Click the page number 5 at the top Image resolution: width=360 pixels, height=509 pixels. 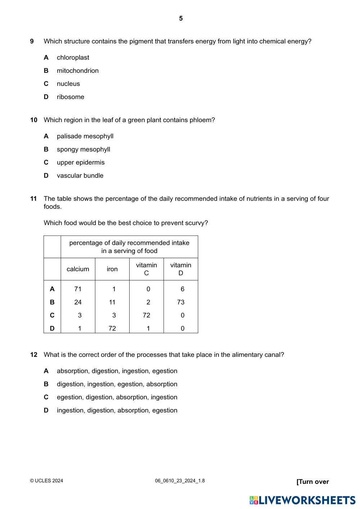pos(181,18)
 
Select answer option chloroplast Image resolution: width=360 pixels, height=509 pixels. pos(73,58)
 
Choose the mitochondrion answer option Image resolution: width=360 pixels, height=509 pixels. pos(77,71)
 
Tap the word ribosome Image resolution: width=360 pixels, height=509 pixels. pos(70,97)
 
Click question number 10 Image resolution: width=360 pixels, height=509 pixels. pos(33,120)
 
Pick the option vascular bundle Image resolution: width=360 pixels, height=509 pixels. pos(80,176)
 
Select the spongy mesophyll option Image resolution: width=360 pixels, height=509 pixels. pos(83,149)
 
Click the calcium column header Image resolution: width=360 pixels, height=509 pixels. pos(78,269)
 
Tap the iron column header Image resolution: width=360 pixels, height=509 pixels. pos(112,269)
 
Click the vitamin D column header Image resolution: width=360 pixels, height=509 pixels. pos(181,269)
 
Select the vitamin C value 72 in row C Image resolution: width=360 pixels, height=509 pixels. pos(146,315)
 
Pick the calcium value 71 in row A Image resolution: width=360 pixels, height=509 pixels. pos(78,289)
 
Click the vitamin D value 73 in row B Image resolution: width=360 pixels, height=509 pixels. pos(181,302)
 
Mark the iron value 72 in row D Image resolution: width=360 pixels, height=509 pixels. pos(112,328)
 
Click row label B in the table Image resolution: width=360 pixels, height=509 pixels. pos(52,302)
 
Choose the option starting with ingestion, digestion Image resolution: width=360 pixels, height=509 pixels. pos(117,410)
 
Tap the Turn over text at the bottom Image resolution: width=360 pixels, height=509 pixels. pos(312,482)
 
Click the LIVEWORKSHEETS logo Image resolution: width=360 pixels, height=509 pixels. pos(302,500)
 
